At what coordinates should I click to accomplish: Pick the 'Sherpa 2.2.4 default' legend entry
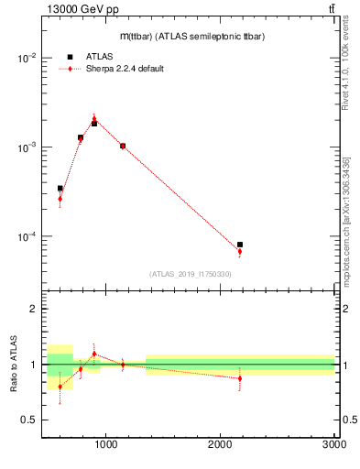pyautogui.click(x=125, y=69)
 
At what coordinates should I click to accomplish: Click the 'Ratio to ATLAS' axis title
pyautogui.click(x=13, y=364)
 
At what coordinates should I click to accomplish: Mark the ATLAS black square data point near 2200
pyautogui.click(x=240, y=245)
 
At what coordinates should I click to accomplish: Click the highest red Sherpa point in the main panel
pyautogui.click(x=94, y=118)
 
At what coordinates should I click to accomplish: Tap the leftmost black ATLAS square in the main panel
pyautogui.click(x=60, y=188)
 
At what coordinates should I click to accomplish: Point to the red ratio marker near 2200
pyautogui.click(x=240, y=378)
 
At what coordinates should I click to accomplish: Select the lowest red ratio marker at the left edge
pyautogui.click(x=60, y=387)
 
